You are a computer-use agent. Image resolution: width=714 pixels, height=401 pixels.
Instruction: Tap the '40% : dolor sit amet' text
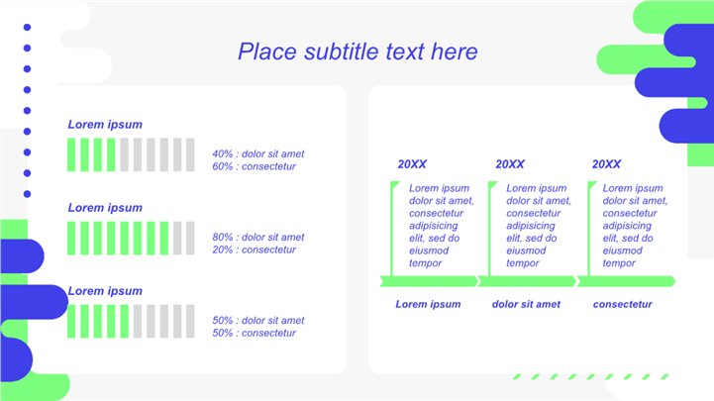[258, 153]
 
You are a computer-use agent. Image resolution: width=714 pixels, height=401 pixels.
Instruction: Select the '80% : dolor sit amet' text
[258, 238]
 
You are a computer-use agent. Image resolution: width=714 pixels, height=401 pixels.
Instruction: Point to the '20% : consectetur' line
[255, 250]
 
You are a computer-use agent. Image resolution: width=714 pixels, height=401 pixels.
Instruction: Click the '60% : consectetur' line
[255, 166]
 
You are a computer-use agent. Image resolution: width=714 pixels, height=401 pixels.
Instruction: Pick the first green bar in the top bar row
[71, 154]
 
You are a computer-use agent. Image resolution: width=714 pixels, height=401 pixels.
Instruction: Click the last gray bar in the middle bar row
[190, 238]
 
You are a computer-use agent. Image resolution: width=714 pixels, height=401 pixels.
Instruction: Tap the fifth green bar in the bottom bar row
[125, 322]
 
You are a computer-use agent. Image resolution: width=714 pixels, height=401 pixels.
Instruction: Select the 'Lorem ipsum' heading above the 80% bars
[105, 208]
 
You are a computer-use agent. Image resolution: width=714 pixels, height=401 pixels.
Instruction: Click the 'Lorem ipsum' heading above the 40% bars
[105, 125]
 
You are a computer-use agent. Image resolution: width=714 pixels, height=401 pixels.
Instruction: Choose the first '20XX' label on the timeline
[412, 164]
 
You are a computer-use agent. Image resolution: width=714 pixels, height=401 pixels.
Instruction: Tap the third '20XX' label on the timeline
[606, 164]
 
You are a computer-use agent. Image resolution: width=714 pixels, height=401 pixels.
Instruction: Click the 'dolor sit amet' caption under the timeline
[526, 304]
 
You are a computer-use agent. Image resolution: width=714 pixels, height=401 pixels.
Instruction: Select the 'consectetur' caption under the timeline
[623, 304]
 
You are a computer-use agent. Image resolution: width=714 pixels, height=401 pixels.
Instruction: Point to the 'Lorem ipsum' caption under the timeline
[428, 304]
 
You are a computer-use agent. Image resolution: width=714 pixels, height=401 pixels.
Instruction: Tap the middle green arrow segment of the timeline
[527, 281]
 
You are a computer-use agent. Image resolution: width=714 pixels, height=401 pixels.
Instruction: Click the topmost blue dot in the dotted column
[28, 28]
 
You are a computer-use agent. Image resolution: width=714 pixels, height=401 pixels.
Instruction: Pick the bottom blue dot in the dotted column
[28, 194]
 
